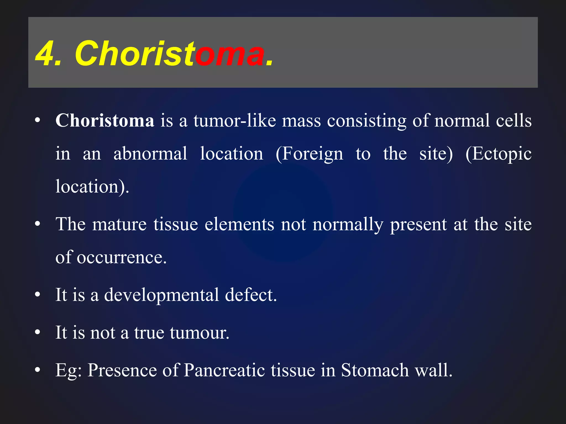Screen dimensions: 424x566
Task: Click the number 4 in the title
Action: click(x=45, y=54)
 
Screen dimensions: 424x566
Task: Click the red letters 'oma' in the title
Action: click(x=229, y=54)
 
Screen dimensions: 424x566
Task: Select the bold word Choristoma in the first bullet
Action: click(x=105, y=121)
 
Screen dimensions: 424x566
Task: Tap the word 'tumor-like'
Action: click(x=234, y=121)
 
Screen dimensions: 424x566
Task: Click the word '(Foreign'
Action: click(x=309, y=154)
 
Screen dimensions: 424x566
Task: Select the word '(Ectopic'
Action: click(x=498, y=154)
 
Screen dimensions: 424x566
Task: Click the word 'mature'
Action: click(x=119, y=224)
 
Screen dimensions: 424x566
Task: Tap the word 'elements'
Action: click(x=239, y=224)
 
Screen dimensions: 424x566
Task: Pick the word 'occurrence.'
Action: click(x=122, y=257)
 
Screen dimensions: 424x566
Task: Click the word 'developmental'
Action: click(x=161, y=295)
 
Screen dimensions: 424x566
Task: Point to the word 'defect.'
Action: click(x=251, y=295)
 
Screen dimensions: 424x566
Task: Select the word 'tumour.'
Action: click(x=200, y=332)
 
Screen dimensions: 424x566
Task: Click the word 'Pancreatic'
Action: click(x=224, y=370)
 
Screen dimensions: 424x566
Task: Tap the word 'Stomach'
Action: click(x=375, y=370)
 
